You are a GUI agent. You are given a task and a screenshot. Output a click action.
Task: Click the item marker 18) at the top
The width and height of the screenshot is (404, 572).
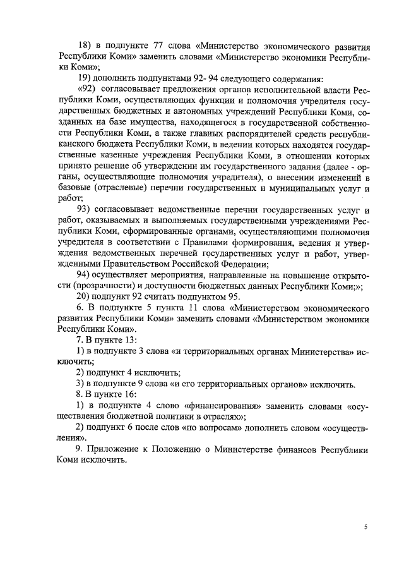85,47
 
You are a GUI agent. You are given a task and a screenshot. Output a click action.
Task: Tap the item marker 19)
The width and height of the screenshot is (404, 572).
85,80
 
